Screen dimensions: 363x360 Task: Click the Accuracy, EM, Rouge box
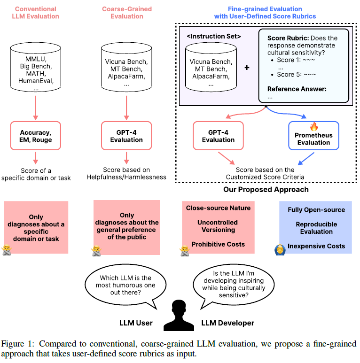click(x=36, y=136)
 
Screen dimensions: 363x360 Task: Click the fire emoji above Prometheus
click(x=313, y=126)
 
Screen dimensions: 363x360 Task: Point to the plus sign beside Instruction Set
click(x=247, y=68)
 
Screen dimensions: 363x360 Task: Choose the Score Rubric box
click(x=304, y=65)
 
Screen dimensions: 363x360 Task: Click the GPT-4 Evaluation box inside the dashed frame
click(x=218, y=136)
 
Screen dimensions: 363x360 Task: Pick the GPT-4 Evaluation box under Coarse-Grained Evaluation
click(x=126, y=136)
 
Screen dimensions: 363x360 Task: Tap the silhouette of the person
click(x=180, y=315)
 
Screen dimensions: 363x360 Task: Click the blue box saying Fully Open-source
click(x=316, y=228)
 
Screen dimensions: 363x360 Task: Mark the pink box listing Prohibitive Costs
click(x=218, y=226)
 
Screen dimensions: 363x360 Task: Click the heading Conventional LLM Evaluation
click(x=36, y=13)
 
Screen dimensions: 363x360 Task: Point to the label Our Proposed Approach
click(x=266, y=189)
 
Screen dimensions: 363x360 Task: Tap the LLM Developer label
click(x=227, y=323)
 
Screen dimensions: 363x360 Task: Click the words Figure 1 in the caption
click(x=18, y=343)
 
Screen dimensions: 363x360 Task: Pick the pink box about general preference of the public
click(x=126, y=226)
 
